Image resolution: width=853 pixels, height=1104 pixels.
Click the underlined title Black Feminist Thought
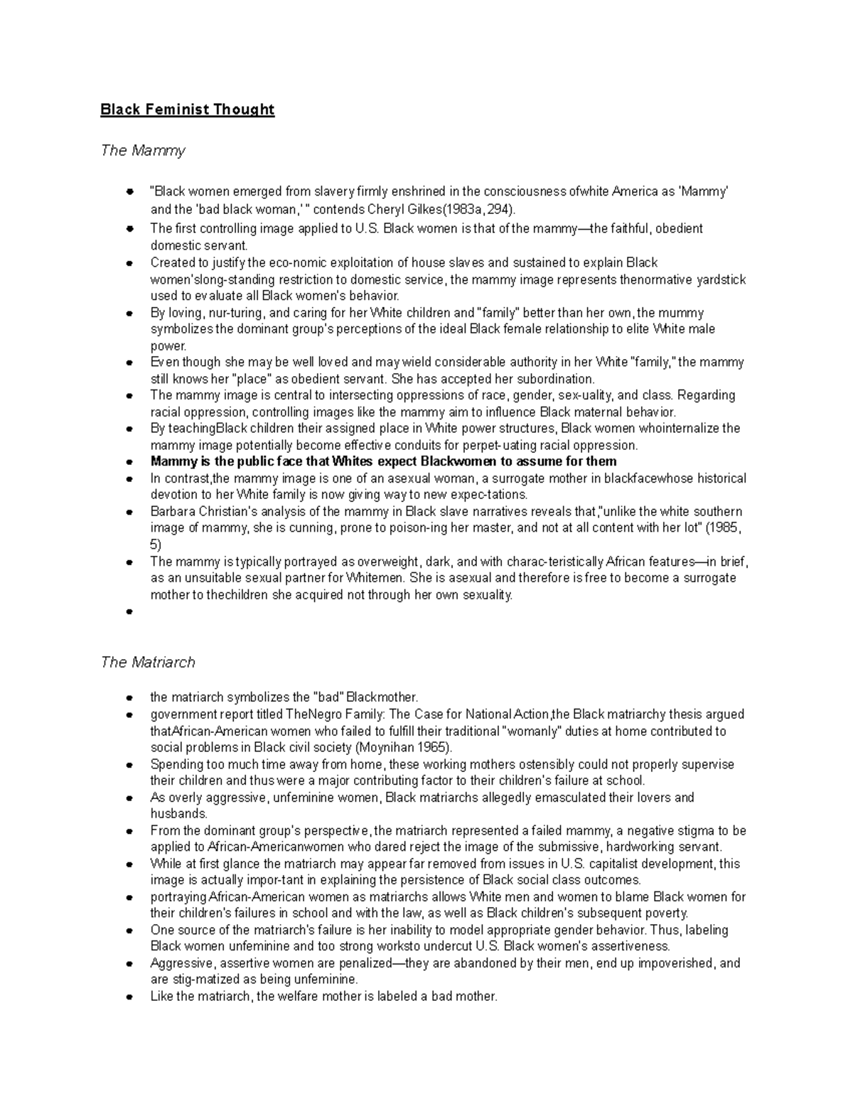pyautogui.click(x=187, y=109)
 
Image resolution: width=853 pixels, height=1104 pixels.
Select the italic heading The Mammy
pyautogui.click(x=143, y=151)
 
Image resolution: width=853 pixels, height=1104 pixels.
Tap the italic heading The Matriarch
pyautogui.click(x=148, y=663)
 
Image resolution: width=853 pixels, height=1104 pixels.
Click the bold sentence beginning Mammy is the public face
pyautogui.click(x=383, y=461)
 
